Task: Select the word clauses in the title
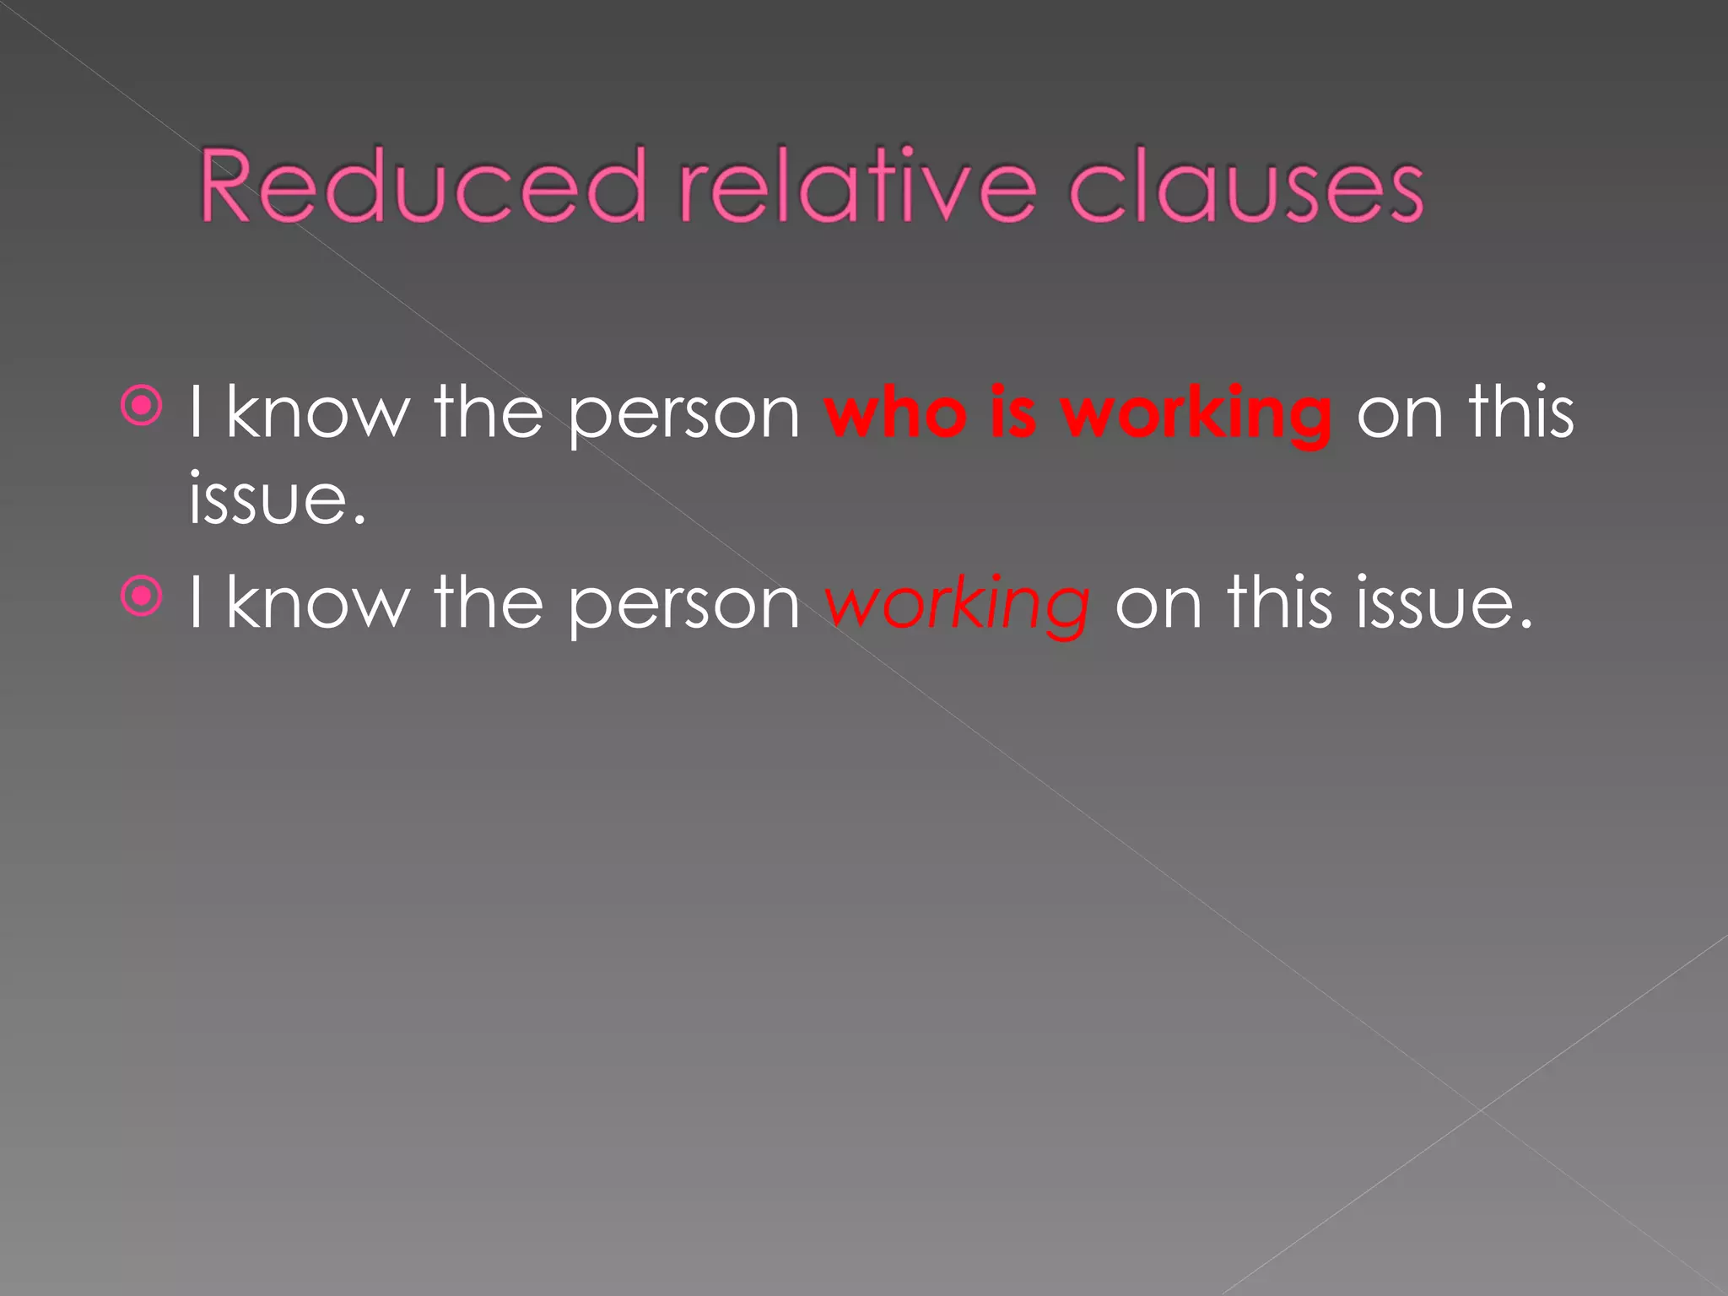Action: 1246,187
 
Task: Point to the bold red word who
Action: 895,413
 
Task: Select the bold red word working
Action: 1196,415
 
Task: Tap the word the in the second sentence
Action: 489,602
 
